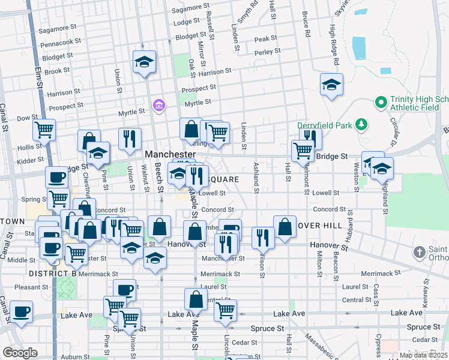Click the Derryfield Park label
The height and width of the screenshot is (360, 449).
pos(325,125)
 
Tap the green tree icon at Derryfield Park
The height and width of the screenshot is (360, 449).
pos(361,125)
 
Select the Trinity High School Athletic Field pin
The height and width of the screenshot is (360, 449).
pos(380,103)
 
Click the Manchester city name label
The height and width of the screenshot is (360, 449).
pos(170,154)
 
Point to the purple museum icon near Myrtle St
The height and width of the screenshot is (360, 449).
pos(158,106)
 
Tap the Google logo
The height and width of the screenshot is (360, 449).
pos(20,352)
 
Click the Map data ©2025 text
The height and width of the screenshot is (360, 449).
pos(423,355)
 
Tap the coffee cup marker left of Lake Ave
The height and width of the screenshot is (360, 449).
pos(22,311)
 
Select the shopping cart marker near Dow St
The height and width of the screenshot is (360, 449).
pos(44,128)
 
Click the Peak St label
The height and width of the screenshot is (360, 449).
pos(265,39)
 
